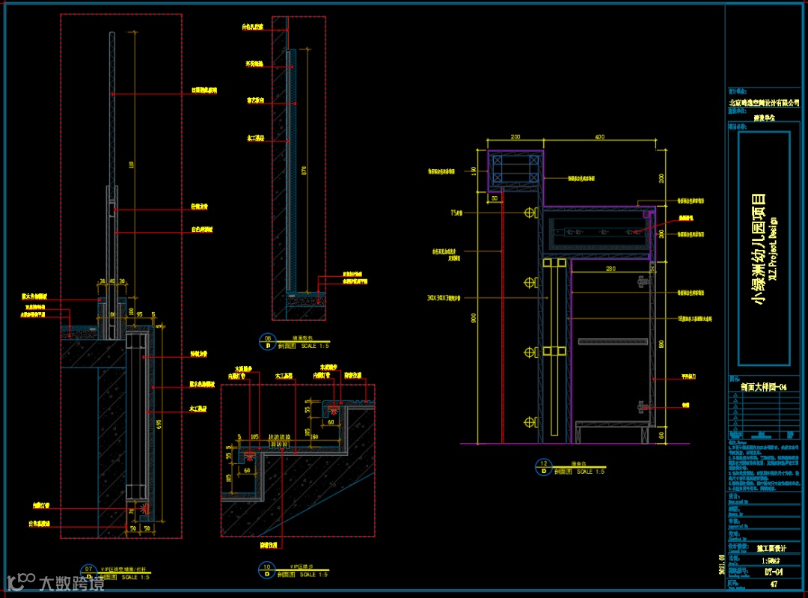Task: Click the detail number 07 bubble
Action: (x=89, y=573)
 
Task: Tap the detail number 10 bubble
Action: (x=266, y=570)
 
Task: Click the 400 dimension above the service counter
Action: (x=600, y=138)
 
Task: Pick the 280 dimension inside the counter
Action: (x=610, y=267)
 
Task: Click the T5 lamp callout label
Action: (x=456, y=213)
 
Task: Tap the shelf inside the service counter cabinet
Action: (x=611, y=341)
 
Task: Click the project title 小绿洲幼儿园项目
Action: (x=759, y=248)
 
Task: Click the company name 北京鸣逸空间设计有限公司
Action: (x=764, y=103)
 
